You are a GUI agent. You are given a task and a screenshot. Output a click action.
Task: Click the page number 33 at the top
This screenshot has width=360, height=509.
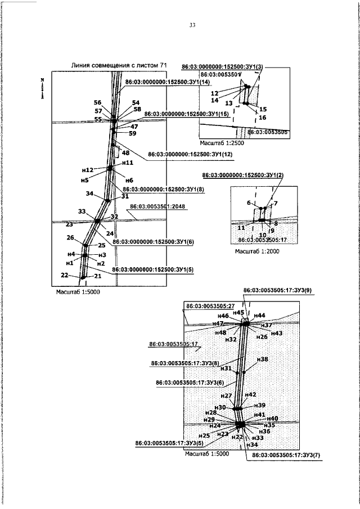pos(192,25)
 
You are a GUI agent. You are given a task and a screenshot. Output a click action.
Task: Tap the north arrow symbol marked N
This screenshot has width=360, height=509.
pos(42,89)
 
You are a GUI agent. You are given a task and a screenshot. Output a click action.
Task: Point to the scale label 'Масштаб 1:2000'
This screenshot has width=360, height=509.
pos(258,251)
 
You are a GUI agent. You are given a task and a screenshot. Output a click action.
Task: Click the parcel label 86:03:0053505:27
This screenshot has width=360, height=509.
pos(208,306)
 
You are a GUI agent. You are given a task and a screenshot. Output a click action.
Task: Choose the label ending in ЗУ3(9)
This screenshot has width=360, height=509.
pos(273,291)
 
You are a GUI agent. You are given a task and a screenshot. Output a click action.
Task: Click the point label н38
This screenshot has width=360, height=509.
pos(262,359)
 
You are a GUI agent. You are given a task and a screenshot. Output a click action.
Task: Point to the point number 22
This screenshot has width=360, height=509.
pos(65,274)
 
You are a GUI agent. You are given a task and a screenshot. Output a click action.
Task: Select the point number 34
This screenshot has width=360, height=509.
pos(89,193)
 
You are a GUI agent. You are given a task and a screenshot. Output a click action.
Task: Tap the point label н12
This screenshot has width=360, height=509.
pos(87,170)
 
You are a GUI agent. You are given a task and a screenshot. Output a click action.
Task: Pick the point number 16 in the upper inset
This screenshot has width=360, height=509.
pos(263,117)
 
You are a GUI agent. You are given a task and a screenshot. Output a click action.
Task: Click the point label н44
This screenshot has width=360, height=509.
pos(259,316)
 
